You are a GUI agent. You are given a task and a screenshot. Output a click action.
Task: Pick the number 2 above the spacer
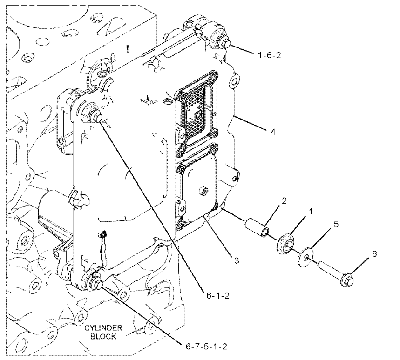pyautogui.click(x=284, y=201)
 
